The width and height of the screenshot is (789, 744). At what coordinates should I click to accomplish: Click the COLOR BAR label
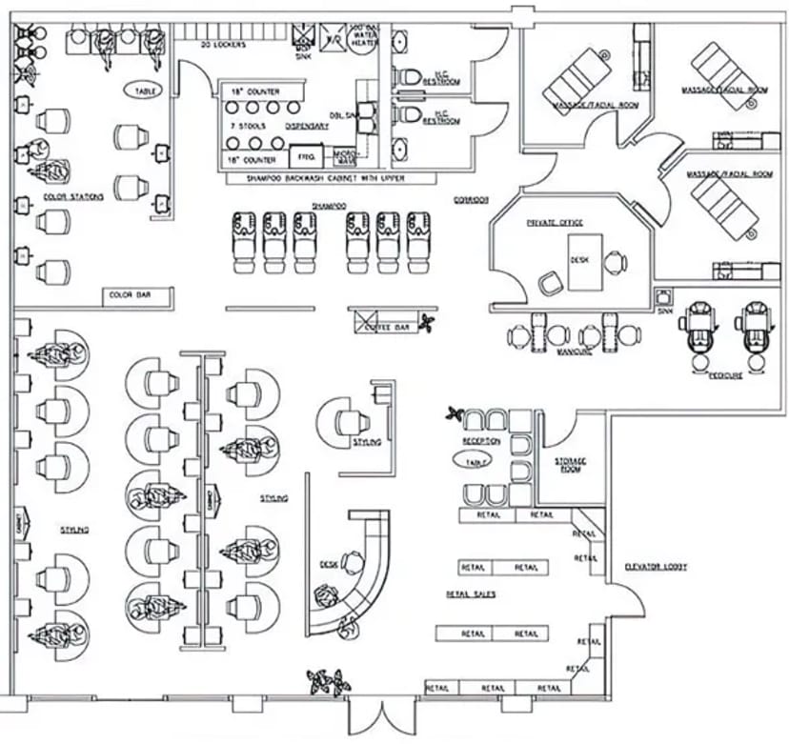coord(126,296)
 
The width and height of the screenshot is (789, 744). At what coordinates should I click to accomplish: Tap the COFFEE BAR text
coord(387,328)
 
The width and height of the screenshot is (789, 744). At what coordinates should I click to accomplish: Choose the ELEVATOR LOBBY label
coord(657,567)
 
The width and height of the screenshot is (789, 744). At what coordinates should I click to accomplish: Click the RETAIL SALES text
coord(470,593)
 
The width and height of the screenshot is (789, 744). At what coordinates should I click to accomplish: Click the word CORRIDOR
coord(471,199)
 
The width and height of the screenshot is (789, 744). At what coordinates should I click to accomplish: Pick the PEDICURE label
coord(725,375)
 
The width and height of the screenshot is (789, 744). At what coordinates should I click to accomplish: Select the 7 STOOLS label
coord(247,125)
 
